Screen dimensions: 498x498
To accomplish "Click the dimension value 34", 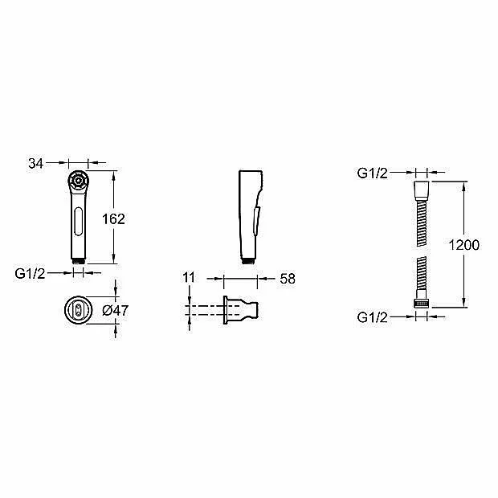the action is click(x=35, y=164).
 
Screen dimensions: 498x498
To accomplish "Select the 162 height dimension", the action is click(x=113, y=218).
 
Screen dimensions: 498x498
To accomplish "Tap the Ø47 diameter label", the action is click(x=116, y=310).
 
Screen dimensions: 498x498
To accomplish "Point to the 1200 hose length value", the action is click(x=464, y=245).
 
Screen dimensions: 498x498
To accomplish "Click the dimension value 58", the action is click(x=288, y=279).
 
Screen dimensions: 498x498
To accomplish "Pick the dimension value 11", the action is click(x=188, y=278).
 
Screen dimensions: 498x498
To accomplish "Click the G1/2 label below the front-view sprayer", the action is click(x=31, y=273).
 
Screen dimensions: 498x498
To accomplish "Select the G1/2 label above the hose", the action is click(x=373, y=173).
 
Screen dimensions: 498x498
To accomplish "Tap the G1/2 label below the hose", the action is click(x=373, y=317).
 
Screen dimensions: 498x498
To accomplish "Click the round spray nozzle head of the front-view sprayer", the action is click(x=78, y=181).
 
